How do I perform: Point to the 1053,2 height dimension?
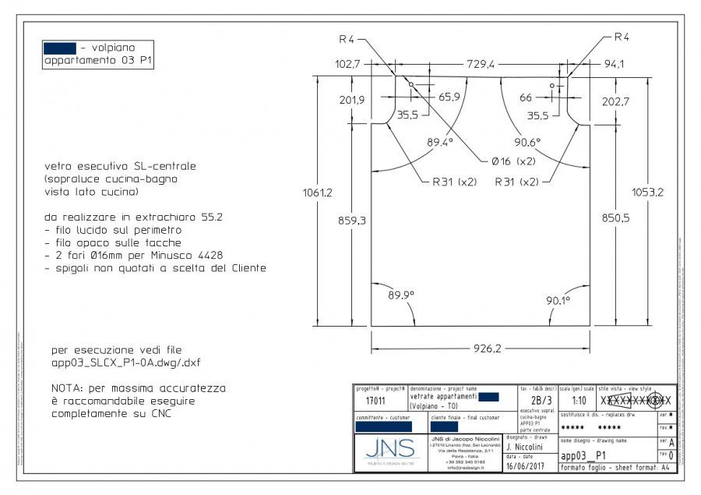pyautogui.click(x=648, y=193)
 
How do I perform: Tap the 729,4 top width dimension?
pyautogui.click(x=481, y=65)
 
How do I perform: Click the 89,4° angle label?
pyautogui.click(x=439, y=143)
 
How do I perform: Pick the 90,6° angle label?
pyautogui.click(x=527, y=143)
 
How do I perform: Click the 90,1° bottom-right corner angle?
pyautogui.click(x=557, y=300)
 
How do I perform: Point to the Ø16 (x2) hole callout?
pyautogui.click(x=513, y=161)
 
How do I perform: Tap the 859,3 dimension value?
pyautogui.click(x=352, y=221)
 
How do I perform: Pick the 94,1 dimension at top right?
pyautogui.click(x=613, y=65)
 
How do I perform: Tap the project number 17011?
pyautogui.click(x=375, y=401)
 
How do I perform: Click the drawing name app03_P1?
pyautogui.click(x=583, y=456)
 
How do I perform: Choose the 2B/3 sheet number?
pyautogui.click(x=537, y=401)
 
